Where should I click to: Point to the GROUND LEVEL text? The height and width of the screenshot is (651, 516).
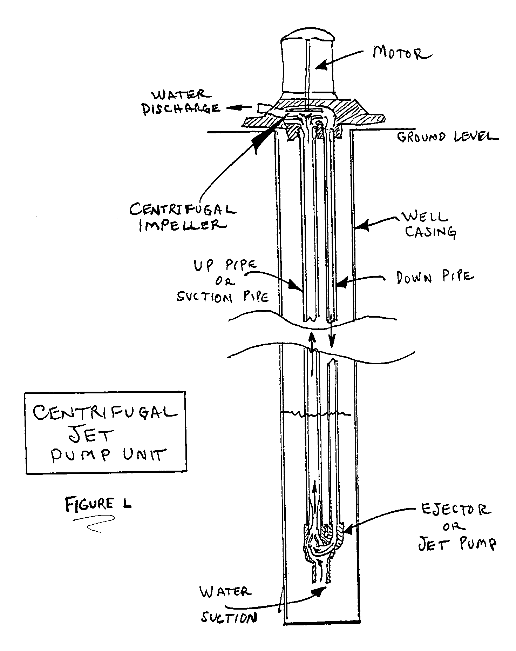(x=447, y=136)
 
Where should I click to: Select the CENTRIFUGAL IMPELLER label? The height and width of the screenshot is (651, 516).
(x=182, y=217)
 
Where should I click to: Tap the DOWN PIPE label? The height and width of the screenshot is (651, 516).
(x=435, y=278)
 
